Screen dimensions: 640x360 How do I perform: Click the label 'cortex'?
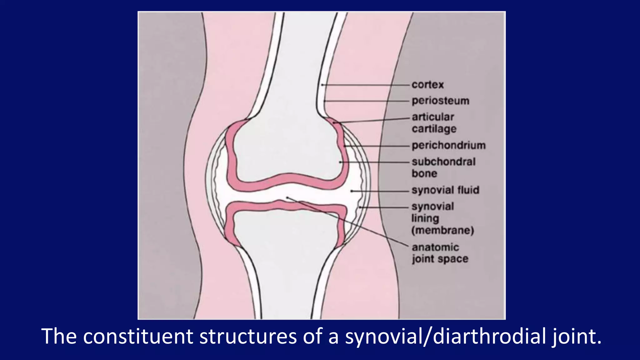click(x=427, y=85)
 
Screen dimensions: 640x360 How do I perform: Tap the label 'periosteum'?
click(x=440, y=101)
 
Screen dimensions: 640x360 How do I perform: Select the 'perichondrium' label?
click(x=448, y=146)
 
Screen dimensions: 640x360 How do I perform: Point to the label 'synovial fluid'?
click(x=445, y=190)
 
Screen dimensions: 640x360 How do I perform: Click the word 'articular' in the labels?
click(x=433, y=117)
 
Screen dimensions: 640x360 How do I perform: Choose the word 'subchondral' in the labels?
click(x=443, y=162)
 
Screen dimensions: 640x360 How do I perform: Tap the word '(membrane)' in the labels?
click(x=442, y=231)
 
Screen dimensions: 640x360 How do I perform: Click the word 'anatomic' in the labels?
click(x=435, y=247)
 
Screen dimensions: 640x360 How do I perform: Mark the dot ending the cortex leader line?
click(x=322, y=85)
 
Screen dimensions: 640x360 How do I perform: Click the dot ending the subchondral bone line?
click(x=340, y=162)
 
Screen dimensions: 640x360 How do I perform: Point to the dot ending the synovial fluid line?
click(x=351, y=191)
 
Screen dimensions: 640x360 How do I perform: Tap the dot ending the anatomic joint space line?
click(x=287, y=197)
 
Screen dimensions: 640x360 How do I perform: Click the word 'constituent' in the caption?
click(x=138, y=337)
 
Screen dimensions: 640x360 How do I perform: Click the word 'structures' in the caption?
click(x=248, y=337)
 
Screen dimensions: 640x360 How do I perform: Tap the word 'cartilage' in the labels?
click(x=434, y=129)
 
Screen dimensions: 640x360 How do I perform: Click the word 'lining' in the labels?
click(x=425, y=219)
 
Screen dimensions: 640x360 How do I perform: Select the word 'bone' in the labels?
click(x=424, y=174)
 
